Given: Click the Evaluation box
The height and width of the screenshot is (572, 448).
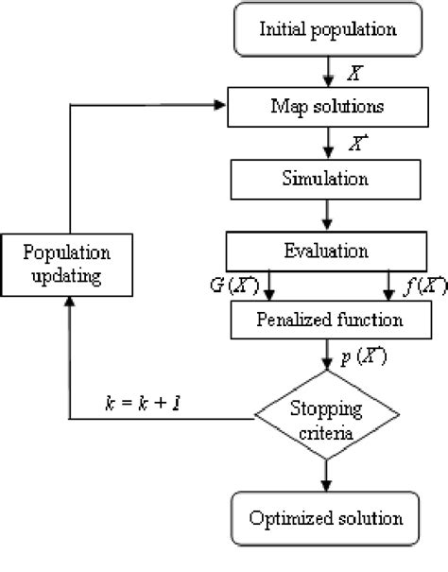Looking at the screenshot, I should click(x=324, y=251).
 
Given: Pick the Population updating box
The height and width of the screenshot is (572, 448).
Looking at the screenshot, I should click(x=68, y=266).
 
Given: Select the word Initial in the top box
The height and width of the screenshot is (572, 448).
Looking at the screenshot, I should click(x=282, y=29).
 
